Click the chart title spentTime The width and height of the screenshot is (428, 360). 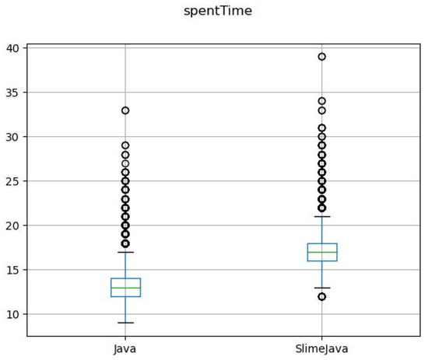(x=218, y=11)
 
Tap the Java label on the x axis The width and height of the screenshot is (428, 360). (x=125, y=349)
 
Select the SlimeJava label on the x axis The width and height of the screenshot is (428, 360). (x=321, y=349)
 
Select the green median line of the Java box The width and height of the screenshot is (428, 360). (x=125, y=288)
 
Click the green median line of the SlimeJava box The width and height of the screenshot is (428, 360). (x=321, y=252)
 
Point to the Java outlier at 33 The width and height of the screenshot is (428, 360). (x=125, y=110)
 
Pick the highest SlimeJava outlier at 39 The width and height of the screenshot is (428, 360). (x=321, y=57)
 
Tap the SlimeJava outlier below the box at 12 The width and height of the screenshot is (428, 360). (x=321, y=296)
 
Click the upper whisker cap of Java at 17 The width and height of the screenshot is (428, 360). (x=125, y=252)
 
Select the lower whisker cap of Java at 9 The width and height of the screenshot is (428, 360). (x=125, y=323)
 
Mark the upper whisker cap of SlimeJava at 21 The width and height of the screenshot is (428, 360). (x=321, y=217)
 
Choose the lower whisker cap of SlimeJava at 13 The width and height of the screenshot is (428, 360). (x=321, y=288)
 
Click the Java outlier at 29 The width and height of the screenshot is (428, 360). (x=125, y=145)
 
